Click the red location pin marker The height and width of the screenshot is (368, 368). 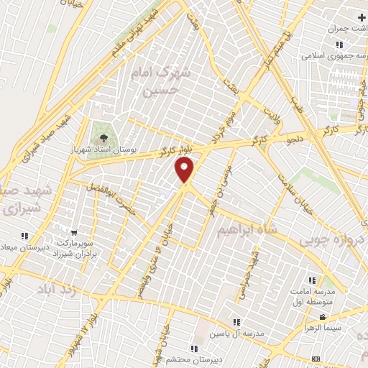coord(185,170)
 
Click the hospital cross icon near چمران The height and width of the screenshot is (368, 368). coord(360,17)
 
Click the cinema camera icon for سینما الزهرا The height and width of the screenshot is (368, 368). coord(323,317)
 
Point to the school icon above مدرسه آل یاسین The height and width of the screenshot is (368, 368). coord(237,322)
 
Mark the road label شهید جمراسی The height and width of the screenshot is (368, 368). coord(252,270)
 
